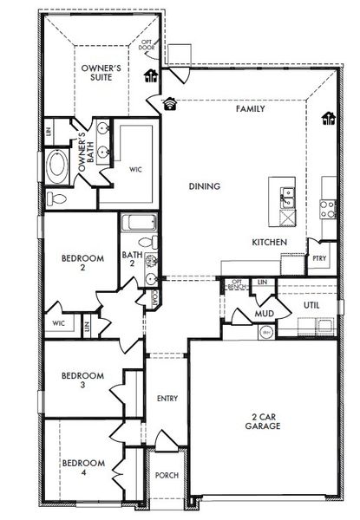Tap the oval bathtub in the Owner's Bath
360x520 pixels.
pyautogui.click(x=58, y=167)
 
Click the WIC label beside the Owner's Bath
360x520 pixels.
pyautogui.click(x=135, y=169)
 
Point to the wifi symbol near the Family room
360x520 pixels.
pyautogui.click(x=169, y=102)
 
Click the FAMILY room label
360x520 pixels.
pyautogui.click(x=250, y=109)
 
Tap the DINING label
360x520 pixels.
pyautogui.click(x=204, y=185)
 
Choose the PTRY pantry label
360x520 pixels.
pyautogui.click(x=319, y=257)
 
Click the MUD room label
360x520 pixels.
pyautogui.click(x=265, y=313)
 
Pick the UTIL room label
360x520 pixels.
pyautogui.click(x=312, y=306)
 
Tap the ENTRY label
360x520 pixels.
pyautogui.click(x=167, y=399)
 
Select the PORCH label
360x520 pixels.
pyautogui.click(x=167, y=476)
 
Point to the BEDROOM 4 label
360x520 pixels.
pyautogui.click(x=83, y=468)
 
